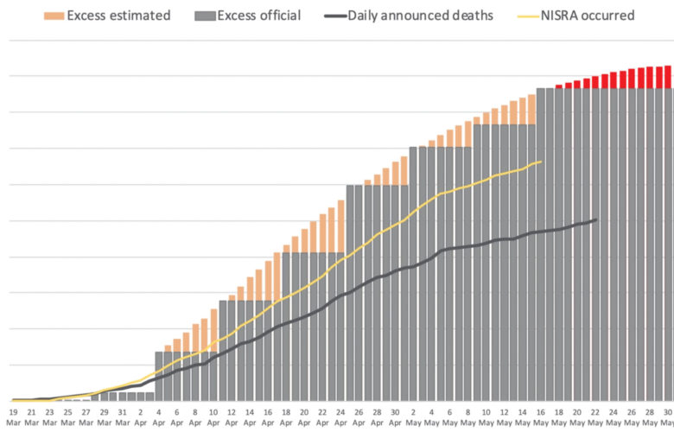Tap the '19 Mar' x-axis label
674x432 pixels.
(13, 417)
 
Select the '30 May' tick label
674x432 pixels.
(667, 417)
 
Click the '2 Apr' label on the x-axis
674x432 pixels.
(140, 417)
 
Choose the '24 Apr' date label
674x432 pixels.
(340, 417)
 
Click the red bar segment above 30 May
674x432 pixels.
(667, 77)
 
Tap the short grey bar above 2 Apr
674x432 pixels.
(140, 397)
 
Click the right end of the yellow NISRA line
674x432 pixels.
(541, 162)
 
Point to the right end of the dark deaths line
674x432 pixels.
(595, 219)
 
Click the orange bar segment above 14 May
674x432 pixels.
(522, 111)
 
